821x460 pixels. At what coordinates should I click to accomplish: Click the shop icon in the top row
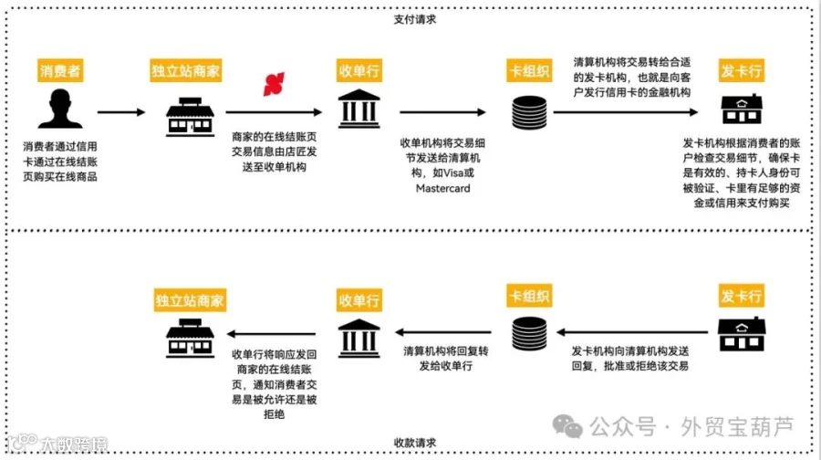click(189, 113)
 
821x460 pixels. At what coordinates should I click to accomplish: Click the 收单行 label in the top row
click(359, 71)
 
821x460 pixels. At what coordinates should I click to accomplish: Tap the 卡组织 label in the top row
click(530, 71)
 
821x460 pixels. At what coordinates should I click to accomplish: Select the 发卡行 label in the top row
click(742, 71)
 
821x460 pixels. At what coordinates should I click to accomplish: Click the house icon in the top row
click(742, 110)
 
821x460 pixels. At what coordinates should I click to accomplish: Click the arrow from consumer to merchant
click(120, 112)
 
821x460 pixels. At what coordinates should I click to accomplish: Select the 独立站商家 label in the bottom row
click(190, 298)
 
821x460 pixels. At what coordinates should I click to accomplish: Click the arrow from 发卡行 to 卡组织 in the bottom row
click(629, 335)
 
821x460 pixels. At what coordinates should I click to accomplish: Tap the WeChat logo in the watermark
click(571, 426)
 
